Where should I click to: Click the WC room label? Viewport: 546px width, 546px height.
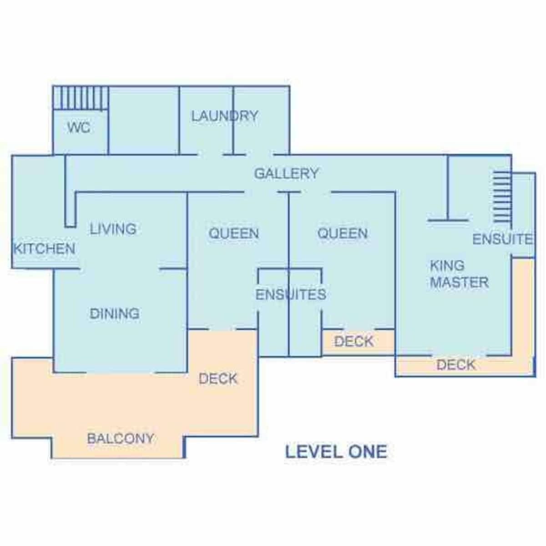click(x=79, y=127)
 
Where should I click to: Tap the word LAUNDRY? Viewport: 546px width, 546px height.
click(x=224, y=116)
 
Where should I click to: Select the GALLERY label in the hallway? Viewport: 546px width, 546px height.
click(x=286, y=173)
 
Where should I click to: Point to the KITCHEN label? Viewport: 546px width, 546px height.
click(x=44, y=248)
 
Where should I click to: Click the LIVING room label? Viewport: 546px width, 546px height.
click(x=113, y=228)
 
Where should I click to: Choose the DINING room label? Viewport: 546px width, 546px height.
click(x=114, y=313)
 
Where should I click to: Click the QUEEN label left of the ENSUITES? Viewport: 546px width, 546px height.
click(x=233, y=233)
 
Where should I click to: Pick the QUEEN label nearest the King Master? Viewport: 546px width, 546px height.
click(x=342, y=233)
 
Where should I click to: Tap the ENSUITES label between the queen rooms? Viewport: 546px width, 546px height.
click(x=290, y=294)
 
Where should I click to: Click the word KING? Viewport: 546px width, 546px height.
click(x=447, y=265)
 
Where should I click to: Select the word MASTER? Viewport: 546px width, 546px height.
click(x=459, y=283)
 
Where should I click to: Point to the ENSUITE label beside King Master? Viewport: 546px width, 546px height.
click(x=502, y=239)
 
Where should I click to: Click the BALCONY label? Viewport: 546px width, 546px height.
click(x=121, y=439)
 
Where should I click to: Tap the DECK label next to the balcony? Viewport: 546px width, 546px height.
click(x=218, y=379)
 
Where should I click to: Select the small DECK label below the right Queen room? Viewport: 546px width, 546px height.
click(x=354, y=341)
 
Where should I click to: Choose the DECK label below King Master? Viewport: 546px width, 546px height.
click(x=456, y=364)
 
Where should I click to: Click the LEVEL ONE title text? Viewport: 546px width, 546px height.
click(x=336, y=452)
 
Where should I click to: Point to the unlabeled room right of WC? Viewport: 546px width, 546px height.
click(x=144, y=121)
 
